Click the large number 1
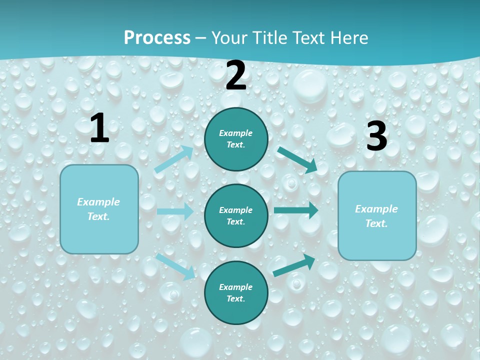click(99, 128)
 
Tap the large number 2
click(236, 75)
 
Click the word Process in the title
click(157, 37)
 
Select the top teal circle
click(236, 139)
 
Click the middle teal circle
click(236, 215)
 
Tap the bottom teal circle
click(236, 292)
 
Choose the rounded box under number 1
click(99, 209)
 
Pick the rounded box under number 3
click(377, 215)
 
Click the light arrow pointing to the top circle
click(173, 159)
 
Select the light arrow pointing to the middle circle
click(175, 211)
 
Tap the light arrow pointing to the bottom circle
click(175, 266)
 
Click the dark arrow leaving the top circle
click(297, 159)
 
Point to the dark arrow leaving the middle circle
click(296, 210)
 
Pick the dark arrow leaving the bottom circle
click(294, 265)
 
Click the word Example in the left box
click(98, 202)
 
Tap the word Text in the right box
click(376, 223)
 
